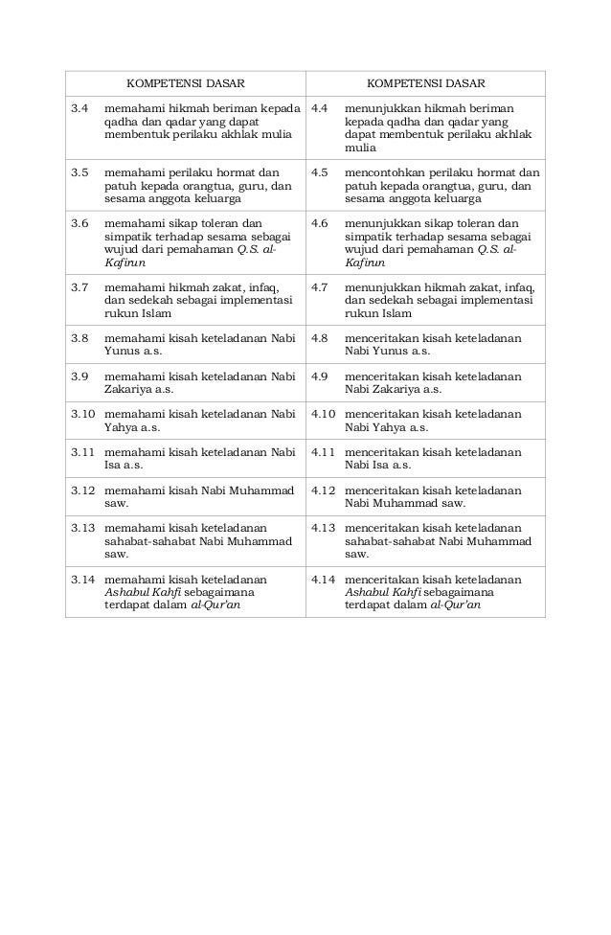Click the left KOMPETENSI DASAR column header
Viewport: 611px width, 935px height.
coord(185,83)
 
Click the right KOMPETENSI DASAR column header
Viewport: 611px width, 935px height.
coord(424,83)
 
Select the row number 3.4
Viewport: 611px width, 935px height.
coord(79,110)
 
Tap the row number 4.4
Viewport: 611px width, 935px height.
coord(320,110)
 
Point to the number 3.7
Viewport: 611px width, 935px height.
coord(79,286)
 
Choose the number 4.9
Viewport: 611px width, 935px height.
coord(320,376)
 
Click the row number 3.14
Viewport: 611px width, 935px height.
coord(83,580)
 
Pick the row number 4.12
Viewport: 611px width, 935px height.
coord(324,490)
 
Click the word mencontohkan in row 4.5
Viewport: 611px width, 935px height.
coord(383,173)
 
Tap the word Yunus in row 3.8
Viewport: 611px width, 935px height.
coord(122,352)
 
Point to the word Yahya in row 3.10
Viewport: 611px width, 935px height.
coord(121,428)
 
